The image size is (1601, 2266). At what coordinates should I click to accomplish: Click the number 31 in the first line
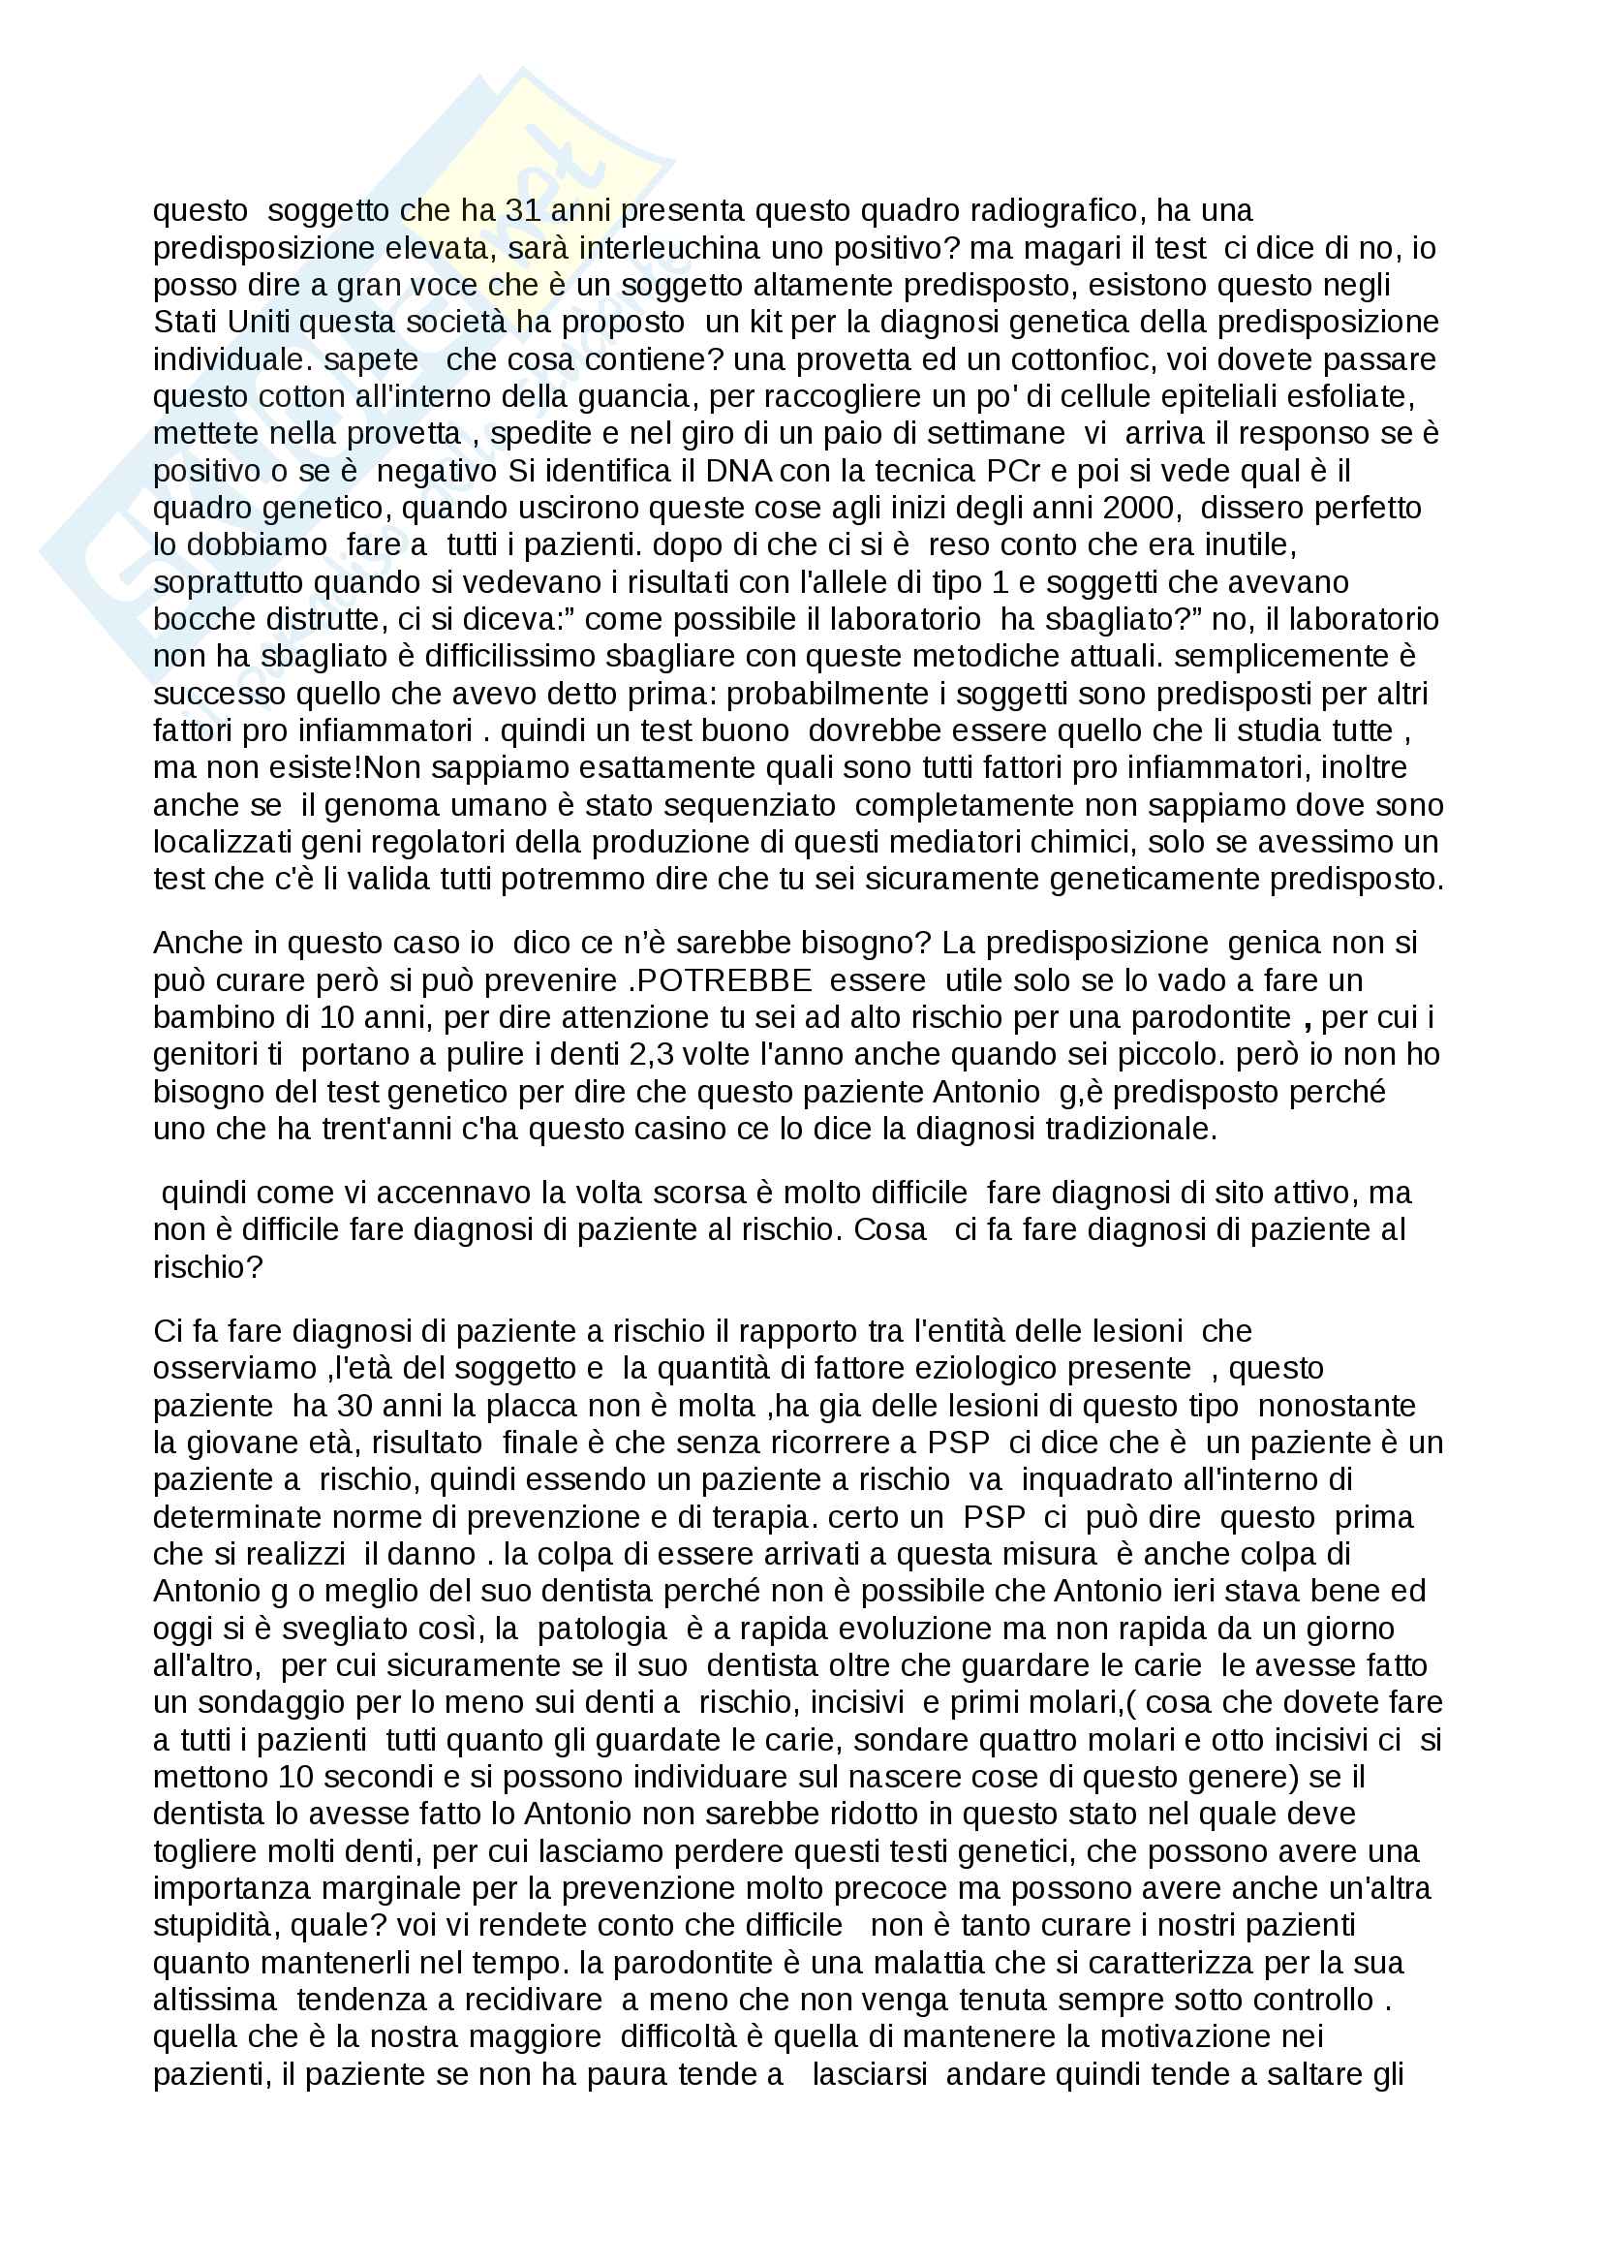(x=523, y=211)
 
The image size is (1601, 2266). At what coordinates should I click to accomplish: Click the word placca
(x=552, y=1407)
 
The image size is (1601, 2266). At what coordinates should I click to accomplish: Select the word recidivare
(x=533, y=2001)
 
